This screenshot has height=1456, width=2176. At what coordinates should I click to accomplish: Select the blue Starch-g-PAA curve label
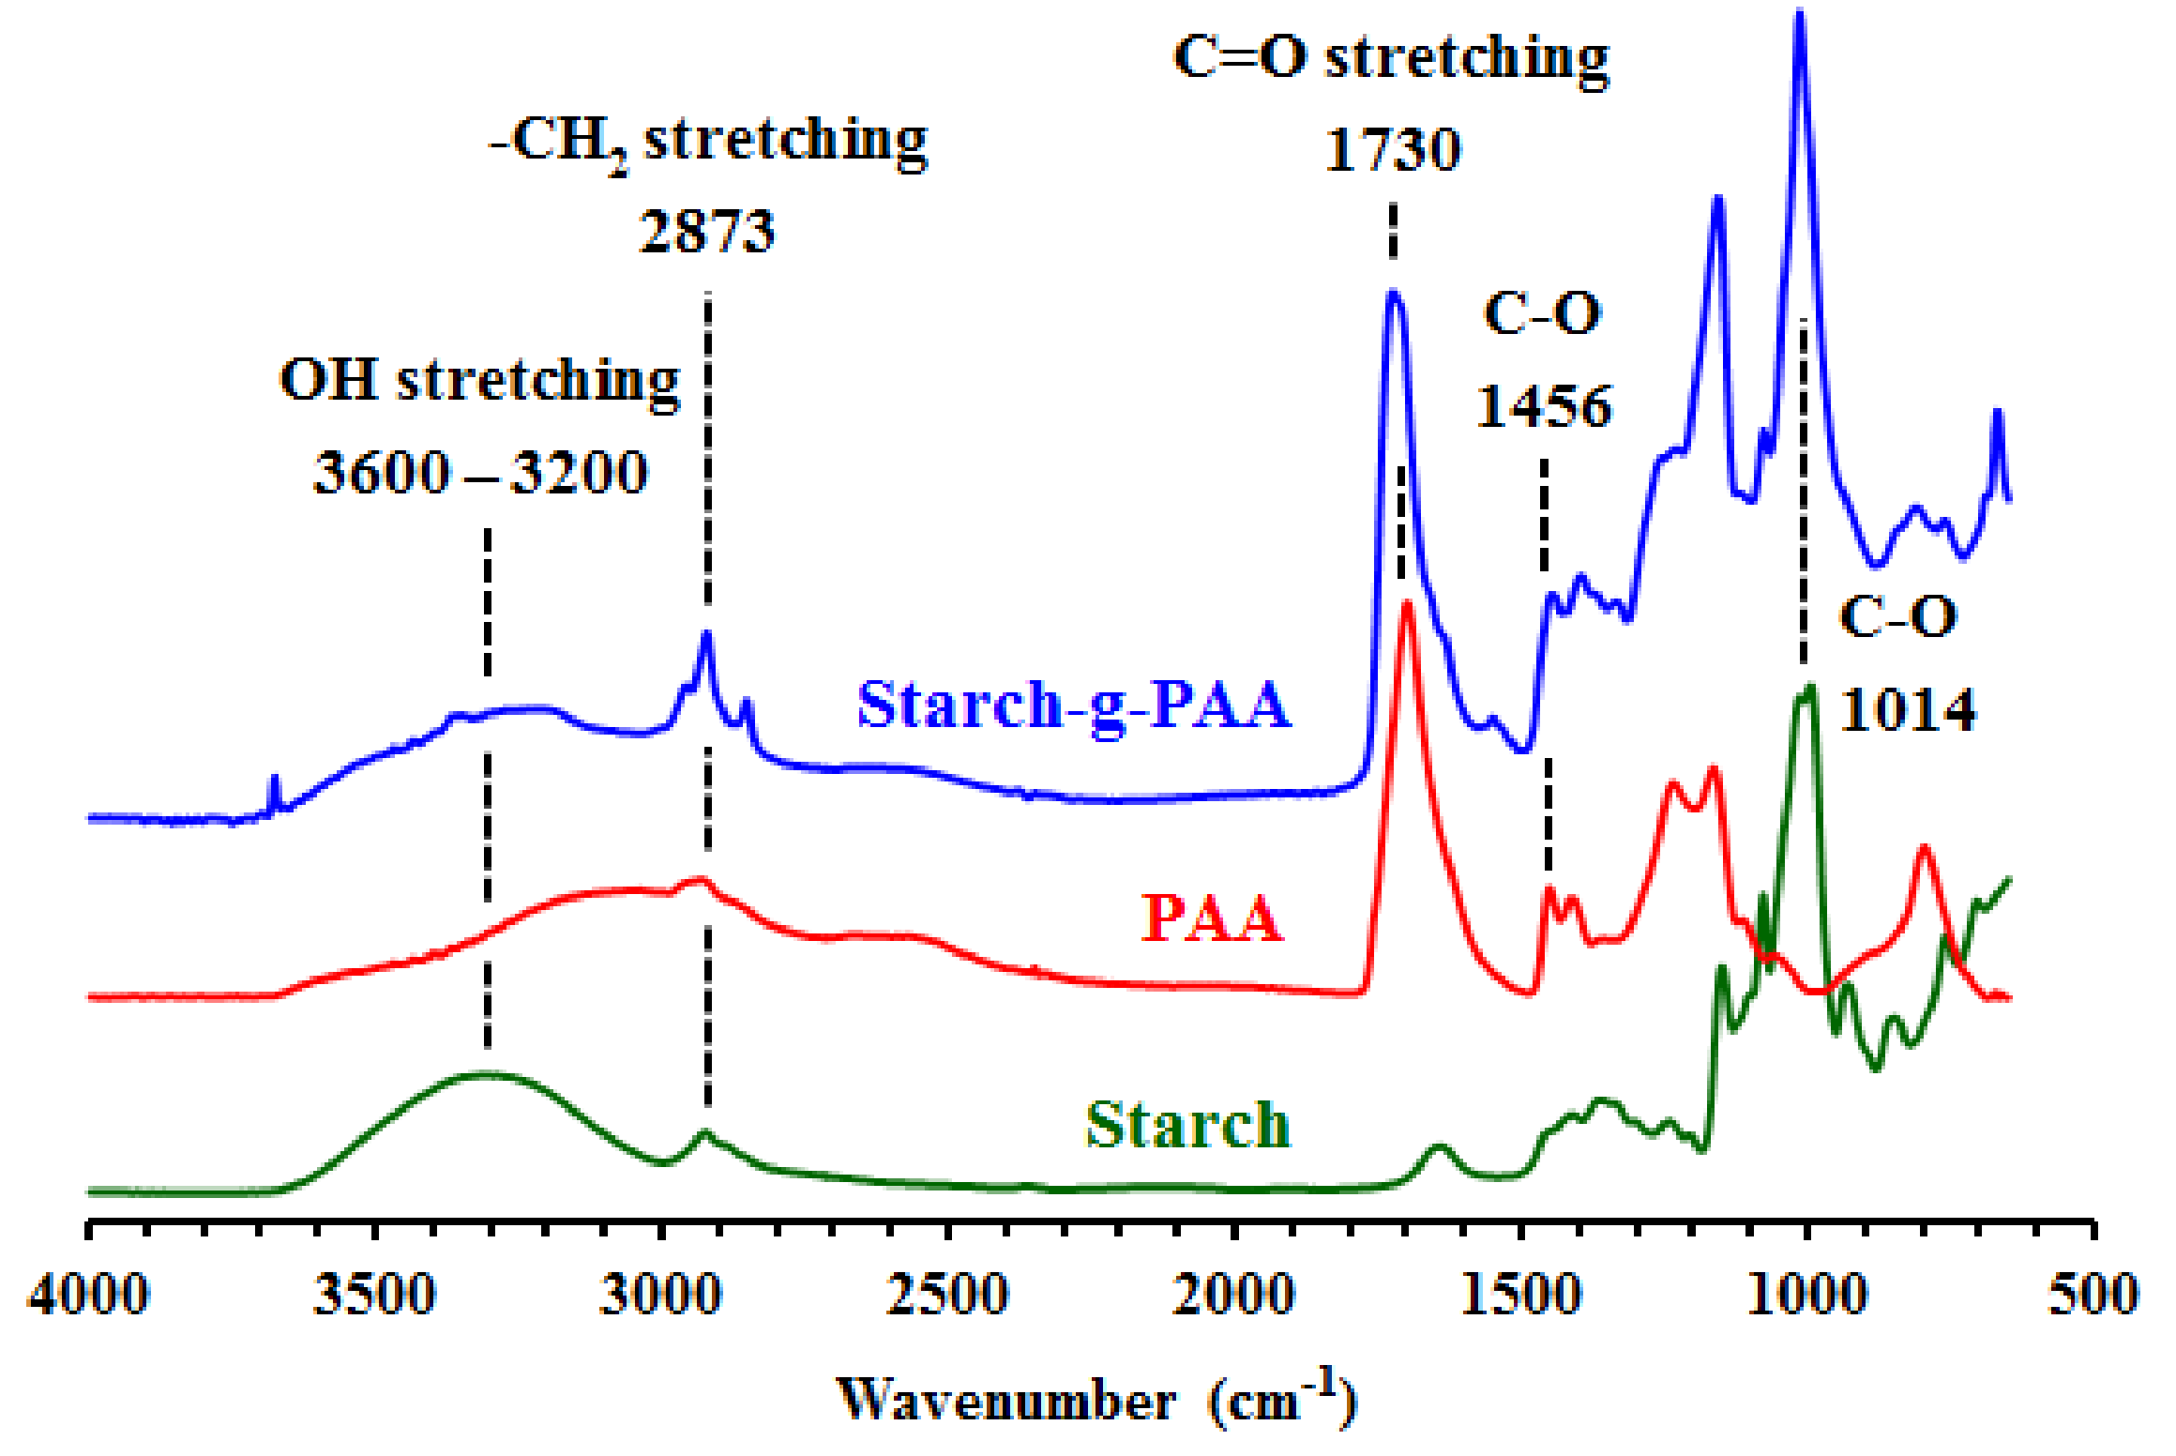pyautogui.click(x=1074, y=705)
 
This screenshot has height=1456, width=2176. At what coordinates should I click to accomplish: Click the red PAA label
pyautogui.click(x=1211, y=918)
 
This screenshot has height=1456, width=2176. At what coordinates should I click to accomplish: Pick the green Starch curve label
pyautogui.click(x=1187, y=1125)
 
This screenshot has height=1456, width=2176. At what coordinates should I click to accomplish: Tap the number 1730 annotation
pyautogui.click(x=1393, y=149)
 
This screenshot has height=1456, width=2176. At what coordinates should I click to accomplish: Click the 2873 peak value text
pyautogui.click(x=707, y=232)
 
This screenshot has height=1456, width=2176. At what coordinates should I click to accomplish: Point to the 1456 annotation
pyautogui.click(x=1544, y=406)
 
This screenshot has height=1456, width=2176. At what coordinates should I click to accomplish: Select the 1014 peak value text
pyautogui.click(x=1908, y=710)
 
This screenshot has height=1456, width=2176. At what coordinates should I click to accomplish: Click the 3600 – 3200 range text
pyautogui.click(x=480, y=472)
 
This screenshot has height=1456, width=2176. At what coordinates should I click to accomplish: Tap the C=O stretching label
pyautogui.click(x=1391, y=58)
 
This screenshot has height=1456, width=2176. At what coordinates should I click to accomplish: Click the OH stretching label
pyautogui.click(x=480, y=381)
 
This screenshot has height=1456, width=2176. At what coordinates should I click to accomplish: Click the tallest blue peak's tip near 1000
pyautogui.click(x=1799, y=13)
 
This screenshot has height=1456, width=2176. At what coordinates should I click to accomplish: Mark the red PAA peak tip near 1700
pyautogui.click(x=1407, y=605)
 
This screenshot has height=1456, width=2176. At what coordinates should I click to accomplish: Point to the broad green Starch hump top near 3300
pyautogui.click(x=486, y=1074)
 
